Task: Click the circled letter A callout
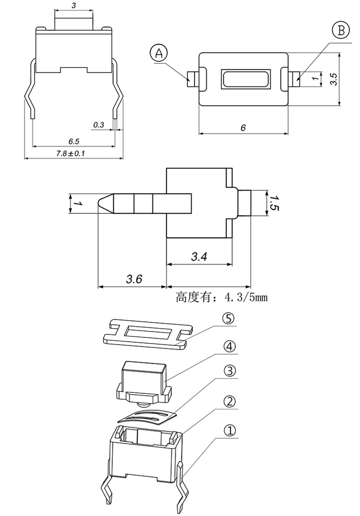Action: [159, 53]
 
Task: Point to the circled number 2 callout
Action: [229, 402]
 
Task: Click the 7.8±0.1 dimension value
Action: [71, 153]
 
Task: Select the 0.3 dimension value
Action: [98, 125]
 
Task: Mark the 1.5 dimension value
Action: [273, 203]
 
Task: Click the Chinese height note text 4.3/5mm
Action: [221, 297]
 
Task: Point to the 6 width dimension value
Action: [243, 128]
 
